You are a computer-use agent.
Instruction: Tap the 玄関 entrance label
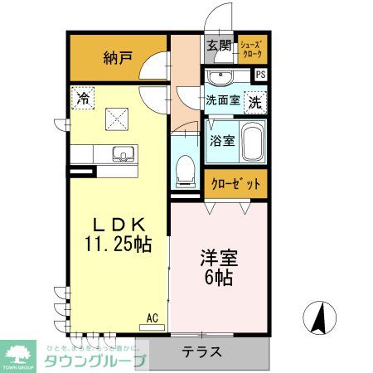[x=219, y=46]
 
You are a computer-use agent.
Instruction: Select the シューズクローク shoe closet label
[x=252, y=49]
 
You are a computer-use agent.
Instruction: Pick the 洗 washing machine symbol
[x=255, y=104]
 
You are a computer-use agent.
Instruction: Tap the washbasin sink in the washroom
[x=221, y=79]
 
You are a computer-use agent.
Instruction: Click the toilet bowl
[x=186, y=172]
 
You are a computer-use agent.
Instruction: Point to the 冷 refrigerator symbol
[x=82, y=98]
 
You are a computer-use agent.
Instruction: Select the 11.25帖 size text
[x=118, y=245]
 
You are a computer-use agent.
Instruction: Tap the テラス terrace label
[x=202, y=351]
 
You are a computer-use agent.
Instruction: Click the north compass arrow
[x=319, y=317]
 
